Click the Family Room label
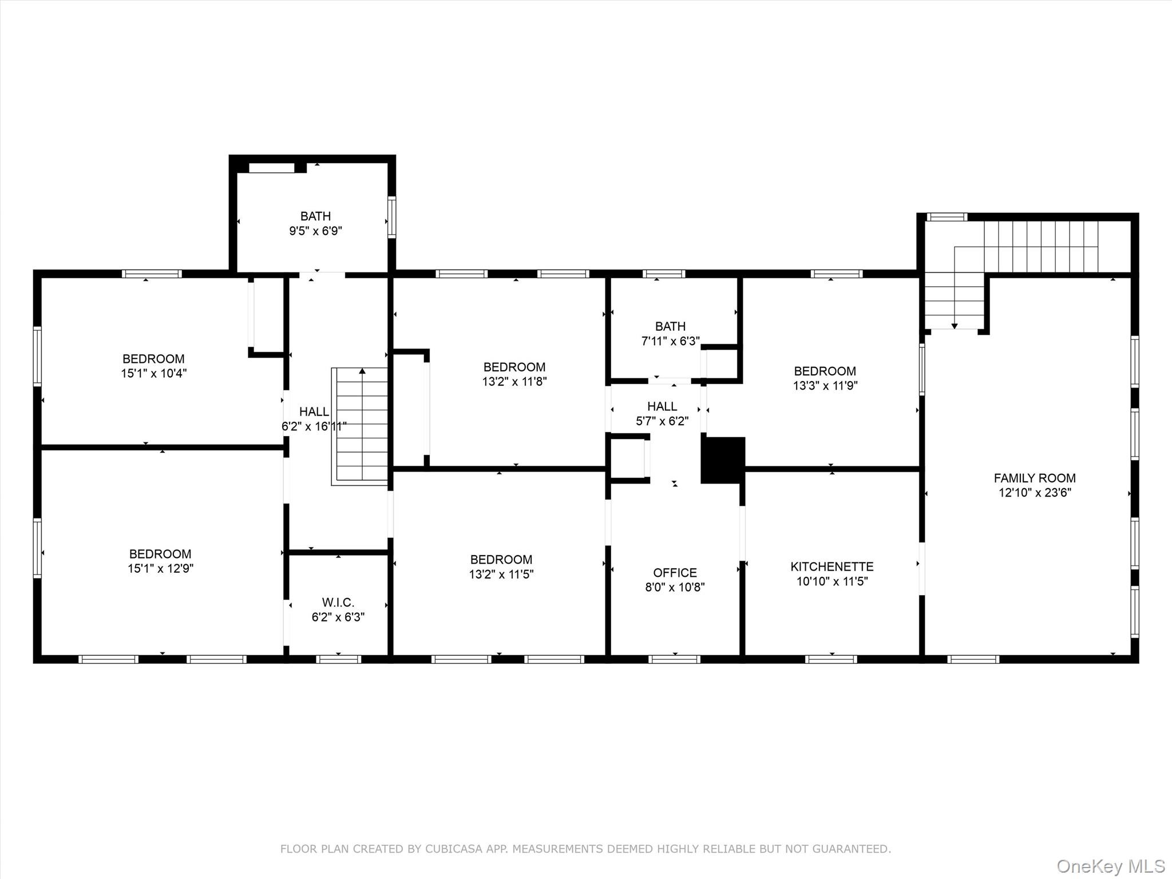[1035, 478]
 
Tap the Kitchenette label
[832, 567]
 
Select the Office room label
[675, 573]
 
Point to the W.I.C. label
[338, 603]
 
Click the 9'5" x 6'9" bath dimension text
[316, 231]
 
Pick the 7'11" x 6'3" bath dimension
[671, 341]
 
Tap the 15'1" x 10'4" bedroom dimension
[154, 374]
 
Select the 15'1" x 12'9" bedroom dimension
[161, 569]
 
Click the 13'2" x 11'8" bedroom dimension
[514, 382]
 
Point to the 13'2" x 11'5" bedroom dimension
[501, 574]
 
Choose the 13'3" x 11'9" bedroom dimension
[825, 386]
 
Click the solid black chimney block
[723, 460]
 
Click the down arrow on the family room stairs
[955, 326]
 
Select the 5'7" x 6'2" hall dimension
[663, 421]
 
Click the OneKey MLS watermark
[1111, 866]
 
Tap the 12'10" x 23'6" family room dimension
[1035, 493]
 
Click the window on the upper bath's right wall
[392, 217]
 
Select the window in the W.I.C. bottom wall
[339, 659]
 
